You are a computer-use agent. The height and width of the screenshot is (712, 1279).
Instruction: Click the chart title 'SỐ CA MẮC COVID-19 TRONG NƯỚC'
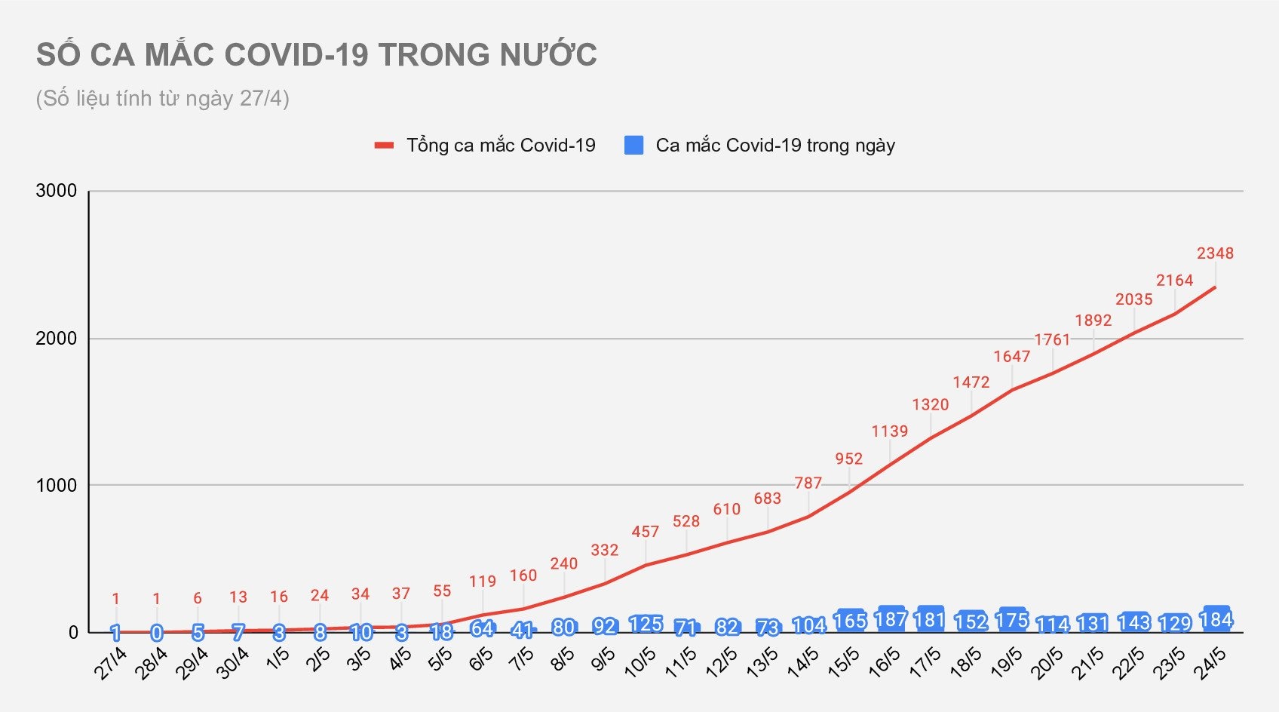point(317,55)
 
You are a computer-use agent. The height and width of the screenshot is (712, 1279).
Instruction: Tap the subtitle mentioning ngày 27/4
point(163,99)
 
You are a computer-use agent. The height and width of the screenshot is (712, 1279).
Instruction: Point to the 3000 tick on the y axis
point(57,191)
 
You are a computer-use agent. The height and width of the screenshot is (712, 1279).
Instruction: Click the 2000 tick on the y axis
point(57,339)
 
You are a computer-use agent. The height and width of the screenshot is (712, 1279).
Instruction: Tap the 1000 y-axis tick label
point(57,486)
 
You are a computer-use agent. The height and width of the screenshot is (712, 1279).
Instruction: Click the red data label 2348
point(1215,253)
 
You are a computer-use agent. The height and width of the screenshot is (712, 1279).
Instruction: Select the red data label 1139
point(890,431)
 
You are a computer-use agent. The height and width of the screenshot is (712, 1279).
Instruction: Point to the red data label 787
point(808,483)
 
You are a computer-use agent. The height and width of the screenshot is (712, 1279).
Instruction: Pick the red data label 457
point(646,532)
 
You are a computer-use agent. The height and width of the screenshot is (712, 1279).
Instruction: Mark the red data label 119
point(483,582)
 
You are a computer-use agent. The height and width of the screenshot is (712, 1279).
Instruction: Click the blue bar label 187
point(890,620)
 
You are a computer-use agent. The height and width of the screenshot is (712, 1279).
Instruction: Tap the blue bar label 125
point(646,625)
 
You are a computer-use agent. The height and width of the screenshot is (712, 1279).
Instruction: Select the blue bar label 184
point(1216,620)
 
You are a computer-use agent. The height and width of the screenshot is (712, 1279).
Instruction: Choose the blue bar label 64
point(483,628)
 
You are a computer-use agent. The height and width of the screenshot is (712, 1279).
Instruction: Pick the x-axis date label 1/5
point(278,659)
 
